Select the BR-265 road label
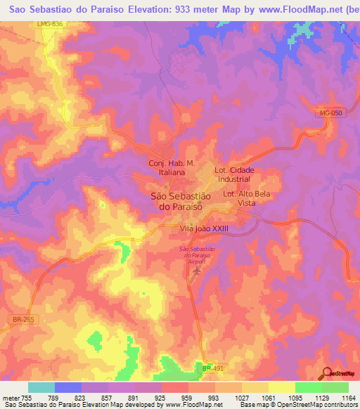23,320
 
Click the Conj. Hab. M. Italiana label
167,167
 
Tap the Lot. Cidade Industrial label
234,174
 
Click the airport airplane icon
197,270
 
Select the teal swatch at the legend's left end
41,387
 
